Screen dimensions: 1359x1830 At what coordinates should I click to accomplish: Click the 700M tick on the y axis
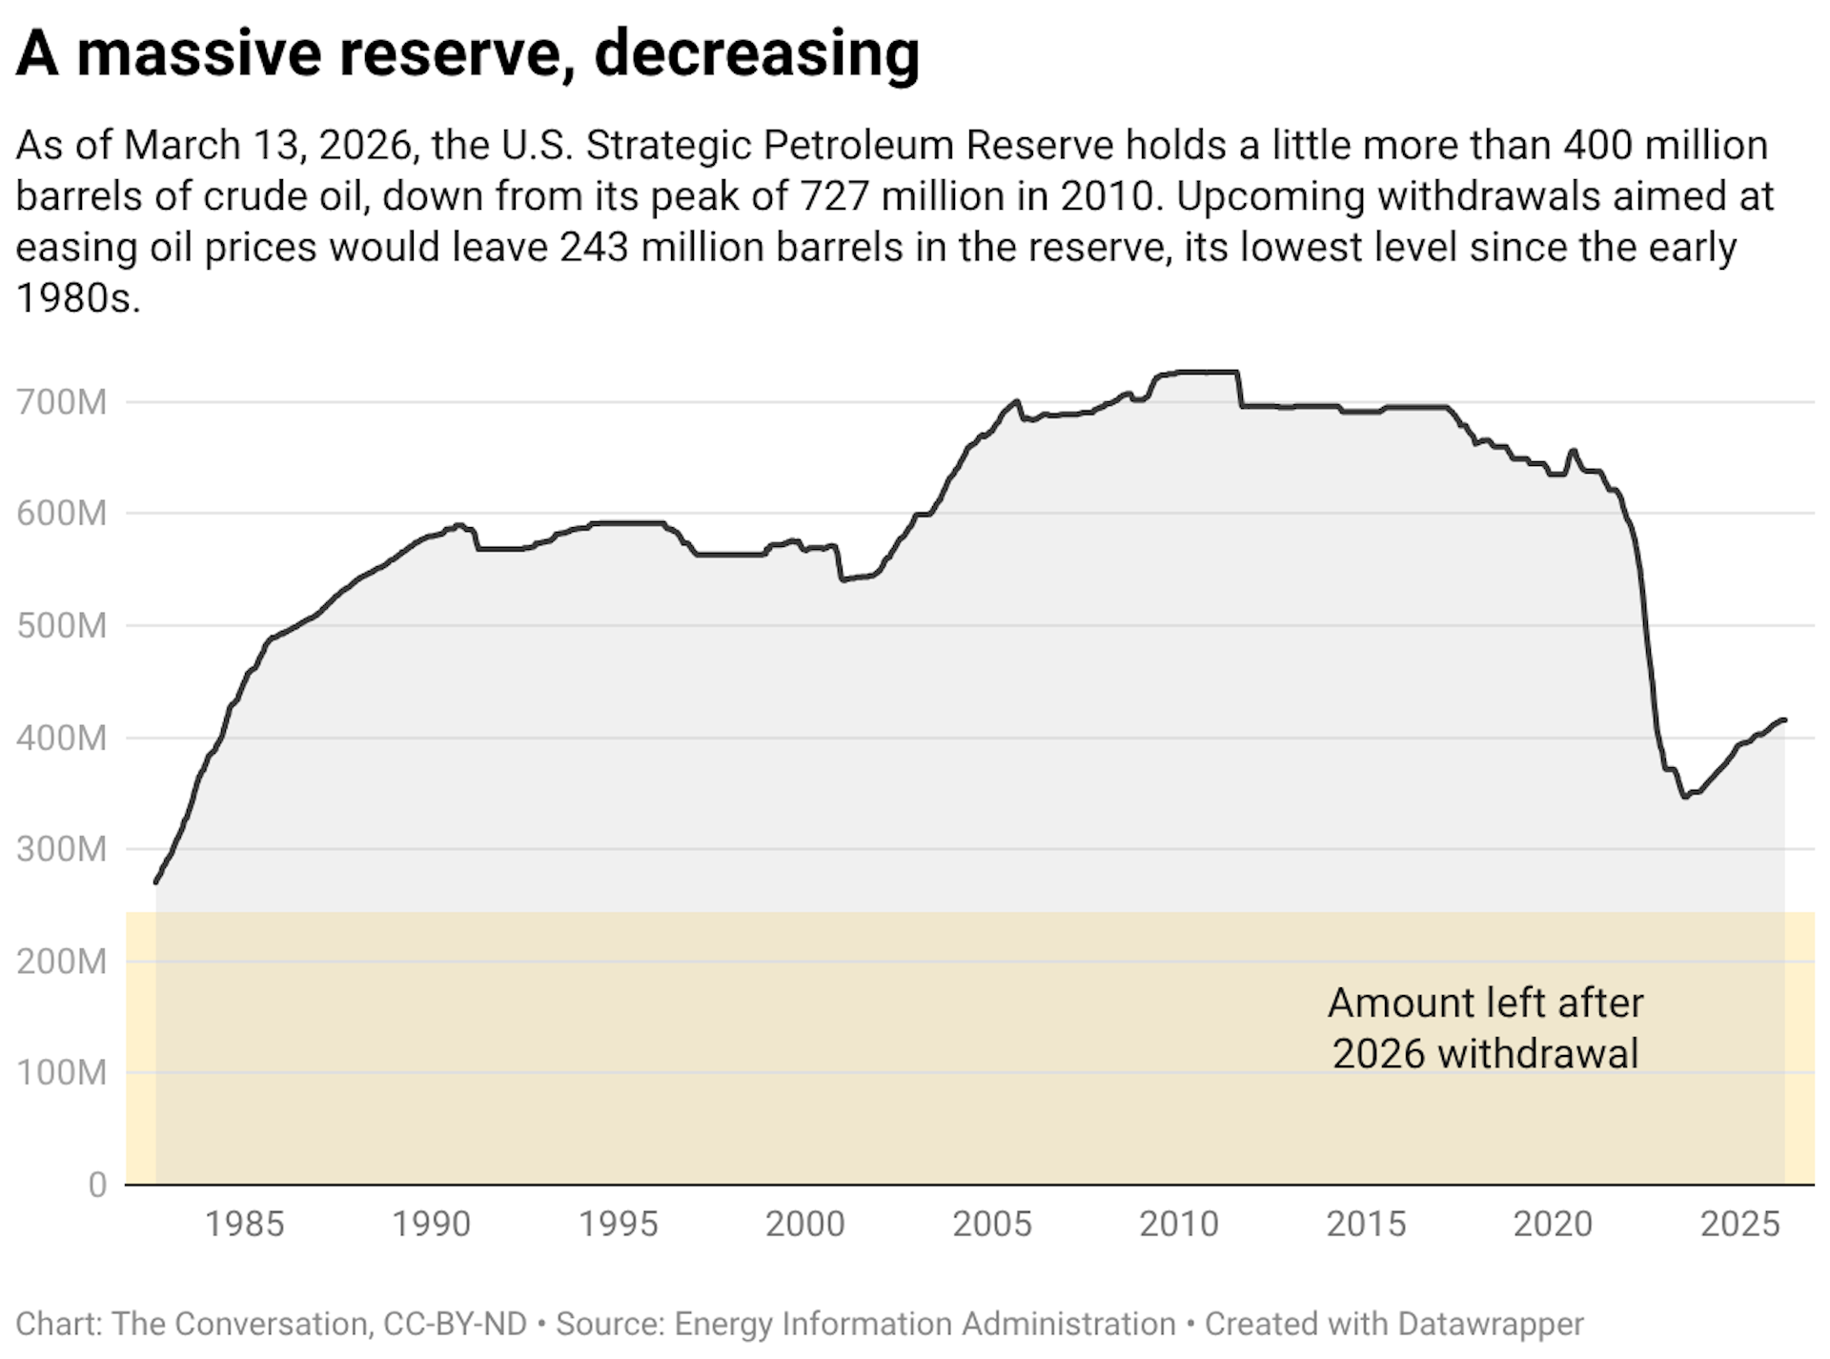61,402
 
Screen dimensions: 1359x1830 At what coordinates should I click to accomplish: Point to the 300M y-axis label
61,849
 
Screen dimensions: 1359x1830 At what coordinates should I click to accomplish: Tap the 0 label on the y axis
97,1186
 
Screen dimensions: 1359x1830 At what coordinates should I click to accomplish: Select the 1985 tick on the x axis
245,1225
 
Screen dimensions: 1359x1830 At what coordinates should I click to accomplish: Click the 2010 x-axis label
1179,1225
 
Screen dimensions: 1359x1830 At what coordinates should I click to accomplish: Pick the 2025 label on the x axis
1740,1225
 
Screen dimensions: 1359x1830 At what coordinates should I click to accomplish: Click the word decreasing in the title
757,53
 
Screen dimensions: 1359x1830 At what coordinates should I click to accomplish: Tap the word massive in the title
198,53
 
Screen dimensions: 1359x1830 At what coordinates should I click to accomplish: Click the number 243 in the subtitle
594,248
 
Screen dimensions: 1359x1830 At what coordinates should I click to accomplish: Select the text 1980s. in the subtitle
78,299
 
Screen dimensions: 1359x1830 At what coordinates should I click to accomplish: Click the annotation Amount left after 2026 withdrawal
1485,1029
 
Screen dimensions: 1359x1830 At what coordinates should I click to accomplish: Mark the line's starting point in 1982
156,882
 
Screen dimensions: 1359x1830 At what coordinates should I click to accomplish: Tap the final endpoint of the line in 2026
1784,720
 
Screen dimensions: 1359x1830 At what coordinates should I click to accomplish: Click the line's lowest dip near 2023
1685,797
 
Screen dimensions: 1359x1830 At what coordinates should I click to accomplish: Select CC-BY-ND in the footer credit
455,1325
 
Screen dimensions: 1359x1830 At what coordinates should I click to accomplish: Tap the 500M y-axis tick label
61,626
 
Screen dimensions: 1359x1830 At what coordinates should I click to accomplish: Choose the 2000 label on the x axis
805,1225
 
